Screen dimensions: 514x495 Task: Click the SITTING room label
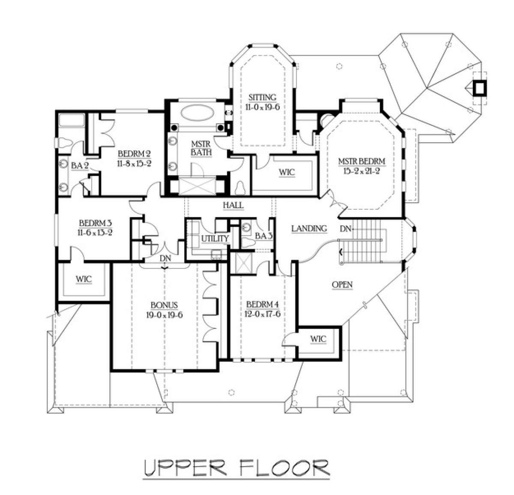262,98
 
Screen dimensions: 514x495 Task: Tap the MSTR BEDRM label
362,161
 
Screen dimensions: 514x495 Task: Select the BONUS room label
164,305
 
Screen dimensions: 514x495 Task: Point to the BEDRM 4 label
263,304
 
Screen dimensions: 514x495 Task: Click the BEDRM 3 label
96,223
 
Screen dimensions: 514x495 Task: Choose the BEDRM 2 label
134,154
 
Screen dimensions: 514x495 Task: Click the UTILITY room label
215,239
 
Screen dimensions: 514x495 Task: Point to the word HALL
233,205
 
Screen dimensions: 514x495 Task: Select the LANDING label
309,228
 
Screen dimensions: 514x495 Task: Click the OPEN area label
342,285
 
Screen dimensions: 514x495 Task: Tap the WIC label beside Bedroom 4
318,339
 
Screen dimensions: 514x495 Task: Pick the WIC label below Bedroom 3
84,279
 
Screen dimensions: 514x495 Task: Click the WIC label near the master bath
287,173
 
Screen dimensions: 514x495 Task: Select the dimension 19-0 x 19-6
164,315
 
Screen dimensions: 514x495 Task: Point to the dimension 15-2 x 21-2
362,171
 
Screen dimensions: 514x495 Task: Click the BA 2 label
80,166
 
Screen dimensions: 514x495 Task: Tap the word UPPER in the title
185,468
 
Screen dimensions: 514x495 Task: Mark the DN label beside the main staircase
346,229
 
